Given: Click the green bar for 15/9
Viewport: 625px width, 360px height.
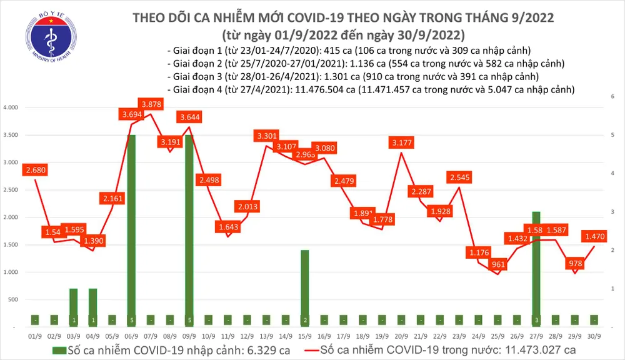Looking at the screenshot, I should (304, 287).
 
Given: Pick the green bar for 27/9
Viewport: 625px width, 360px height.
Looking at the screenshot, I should (535, 269).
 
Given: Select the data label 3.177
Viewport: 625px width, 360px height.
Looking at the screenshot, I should (401, 142).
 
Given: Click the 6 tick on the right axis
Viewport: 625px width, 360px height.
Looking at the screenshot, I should (611, 96).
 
